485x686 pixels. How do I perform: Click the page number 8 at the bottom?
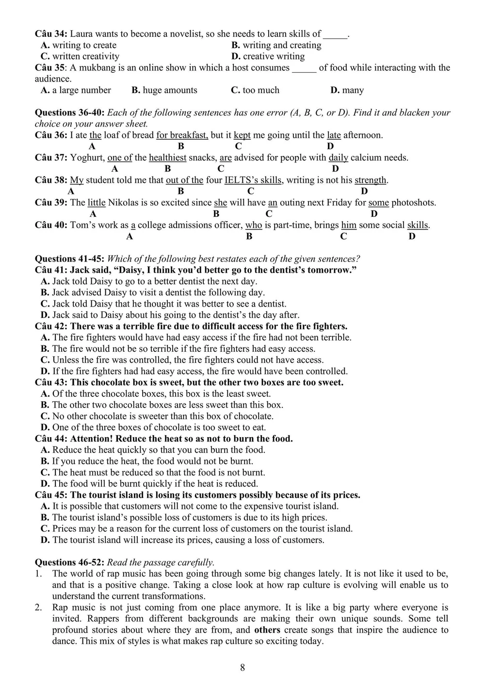coord(242,668)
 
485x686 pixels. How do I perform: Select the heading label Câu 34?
coord(50,34)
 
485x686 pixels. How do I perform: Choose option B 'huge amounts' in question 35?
coord(164,90)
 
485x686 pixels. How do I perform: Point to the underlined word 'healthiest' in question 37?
coord(168,157)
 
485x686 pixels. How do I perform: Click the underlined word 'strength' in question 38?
coord(371,180)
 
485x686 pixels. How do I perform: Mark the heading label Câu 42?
coord(50,326)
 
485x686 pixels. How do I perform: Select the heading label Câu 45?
coord(50,495)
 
